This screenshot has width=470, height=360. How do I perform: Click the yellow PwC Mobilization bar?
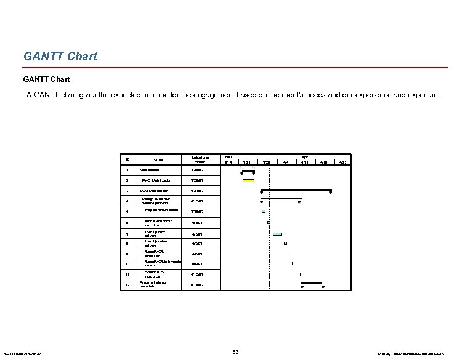(x=248, y=180)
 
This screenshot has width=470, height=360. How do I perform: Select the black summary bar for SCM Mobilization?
(x=296, y=190)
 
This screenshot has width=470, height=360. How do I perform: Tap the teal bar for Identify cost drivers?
(x=277, y=234)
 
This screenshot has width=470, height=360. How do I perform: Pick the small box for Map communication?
(x=263, y=211)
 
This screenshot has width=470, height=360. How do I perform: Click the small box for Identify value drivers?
(x=285, y=243)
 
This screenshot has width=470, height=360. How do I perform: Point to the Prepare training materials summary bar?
(x=312, y=282)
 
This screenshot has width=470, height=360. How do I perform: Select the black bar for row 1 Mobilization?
(x=248, y=170)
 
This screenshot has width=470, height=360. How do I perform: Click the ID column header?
(x=127, y=159)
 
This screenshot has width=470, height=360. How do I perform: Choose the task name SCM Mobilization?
(x=154, y=191)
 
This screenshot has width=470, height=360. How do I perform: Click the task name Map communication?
(x=161, y=210)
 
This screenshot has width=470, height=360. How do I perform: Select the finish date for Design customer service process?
(x=197, y=201)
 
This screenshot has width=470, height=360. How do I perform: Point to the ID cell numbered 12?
(x=127, y=285)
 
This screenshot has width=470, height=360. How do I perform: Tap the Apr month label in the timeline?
(x=304, y=156)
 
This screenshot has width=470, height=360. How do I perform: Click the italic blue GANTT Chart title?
(x=60, y=57)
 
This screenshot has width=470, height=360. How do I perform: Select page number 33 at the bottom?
(x=235, y=351)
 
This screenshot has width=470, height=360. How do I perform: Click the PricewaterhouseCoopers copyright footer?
(x=419, y=354)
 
